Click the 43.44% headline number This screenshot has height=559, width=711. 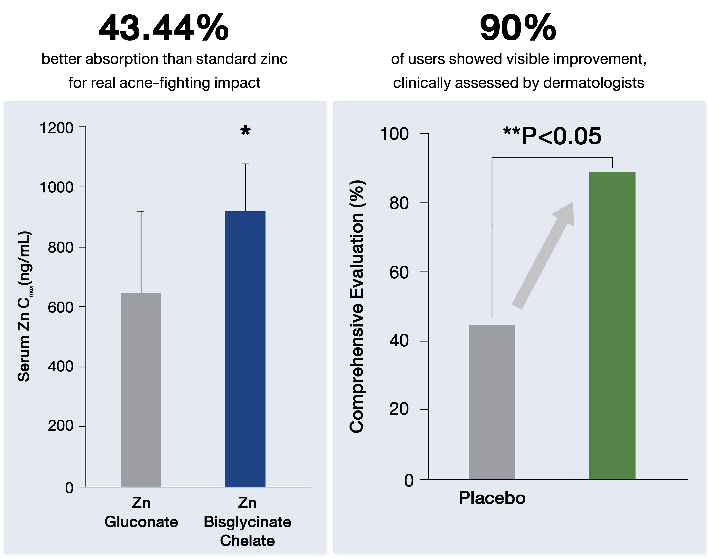[164, 28]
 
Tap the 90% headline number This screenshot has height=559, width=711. [518, 28]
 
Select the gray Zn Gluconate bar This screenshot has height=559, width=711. [141, 390]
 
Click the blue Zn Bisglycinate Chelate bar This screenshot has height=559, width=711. [245, 349]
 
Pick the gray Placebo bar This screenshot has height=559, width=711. [492, 402]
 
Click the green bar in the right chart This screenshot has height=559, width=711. [612, 326]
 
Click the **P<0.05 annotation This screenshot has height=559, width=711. [552, 136]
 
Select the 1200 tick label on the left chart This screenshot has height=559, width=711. [56, 128]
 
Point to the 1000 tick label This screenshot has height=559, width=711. [56, 188]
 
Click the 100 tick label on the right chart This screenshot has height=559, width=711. [394, 134]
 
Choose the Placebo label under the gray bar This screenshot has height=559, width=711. [492, 498]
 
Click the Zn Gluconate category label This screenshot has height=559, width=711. [141, 512]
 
